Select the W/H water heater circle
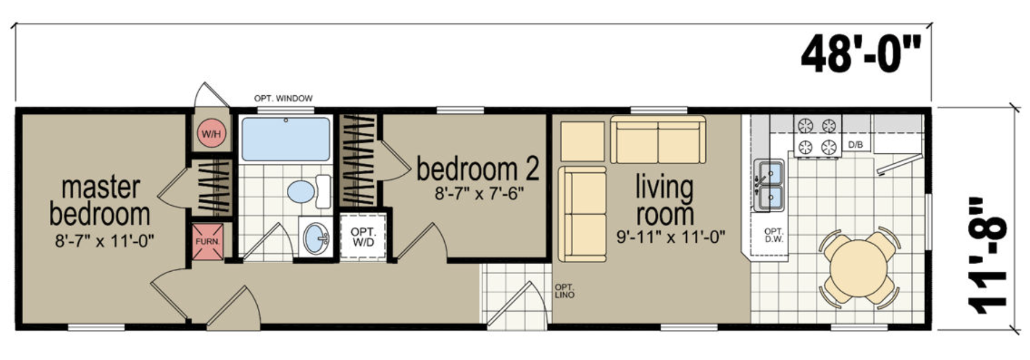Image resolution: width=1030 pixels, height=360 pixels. tap(211, 134)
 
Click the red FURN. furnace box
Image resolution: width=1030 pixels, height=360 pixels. tap(207, 242)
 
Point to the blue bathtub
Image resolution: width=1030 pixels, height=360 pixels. tap(286, 139)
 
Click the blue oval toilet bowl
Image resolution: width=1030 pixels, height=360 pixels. tap(301, 191)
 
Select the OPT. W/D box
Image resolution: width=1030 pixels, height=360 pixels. tap(363, 237)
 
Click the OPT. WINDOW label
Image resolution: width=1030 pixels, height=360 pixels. tap(283, 98)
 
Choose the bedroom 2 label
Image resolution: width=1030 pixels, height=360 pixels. tap(478, 169)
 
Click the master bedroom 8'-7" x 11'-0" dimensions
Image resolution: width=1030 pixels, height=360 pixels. tap(105, 240)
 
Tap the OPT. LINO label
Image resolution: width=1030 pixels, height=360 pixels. tap(564, 291)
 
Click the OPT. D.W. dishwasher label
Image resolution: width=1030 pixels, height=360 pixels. tap(774, 235)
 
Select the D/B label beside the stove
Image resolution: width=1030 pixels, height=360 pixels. tap(855, 145)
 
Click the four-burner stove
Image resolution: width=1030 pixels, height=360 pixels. tap(817, 135)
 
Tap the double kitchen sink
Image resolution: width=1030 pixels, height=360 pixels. tap(768, 185)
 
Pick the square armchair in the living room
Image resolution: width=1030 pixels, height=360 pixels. tap(582, 141)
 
